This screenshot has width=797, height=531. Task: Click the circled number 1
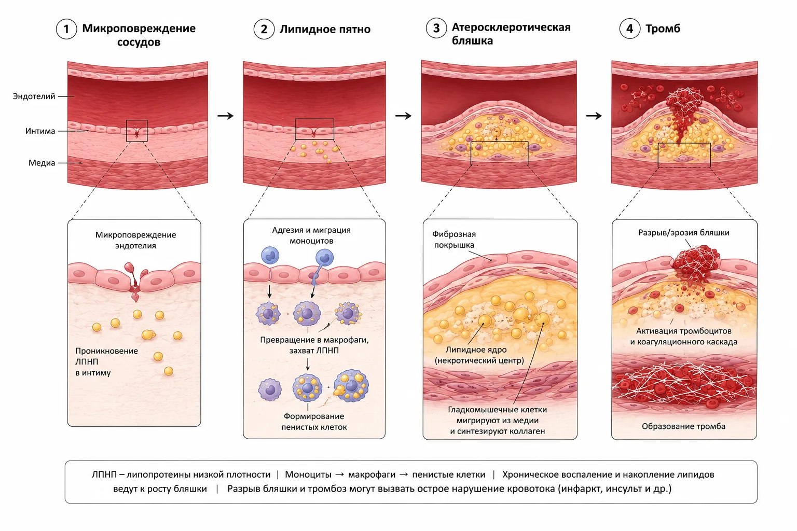tap(66, 29)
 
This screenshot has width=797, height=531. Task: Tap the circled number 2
tap(264, 29)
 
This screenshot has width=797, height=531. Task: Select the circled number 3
tap(436, 28)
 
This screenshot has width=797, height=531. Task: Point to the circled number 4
tap(629, 29)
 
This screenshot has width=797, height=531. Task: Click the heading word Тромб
tap(663, 29)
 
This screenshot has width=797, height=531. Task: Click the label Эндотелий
tap(34, 96)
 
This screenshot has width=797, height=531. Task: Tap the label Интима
tap(40, 131)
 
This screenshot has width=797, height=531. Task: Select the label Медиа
tap(42, 163)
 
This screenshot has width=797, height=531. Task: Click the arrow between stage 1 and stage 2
tap(226, 116)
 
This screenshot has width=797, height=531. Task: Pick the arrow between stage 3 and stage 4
tap(594, 116)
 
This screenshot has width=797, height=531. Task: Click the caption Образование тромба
tap(683, 426)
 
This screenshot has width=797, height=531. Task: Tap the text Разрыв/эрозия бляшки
tap(683, 233)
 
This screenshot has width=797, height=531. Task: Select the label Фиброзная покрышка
tap(454, 240)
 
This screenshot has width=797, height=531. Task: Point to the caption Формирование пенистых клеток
tap(314, 422)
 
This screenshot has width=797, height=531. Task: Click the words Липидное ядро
tap(476, 350)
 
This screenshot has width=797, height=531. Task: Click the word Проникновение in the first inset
tap(106, 351)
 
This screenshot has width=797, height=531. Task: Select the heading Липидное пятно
tap(325, 29)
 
